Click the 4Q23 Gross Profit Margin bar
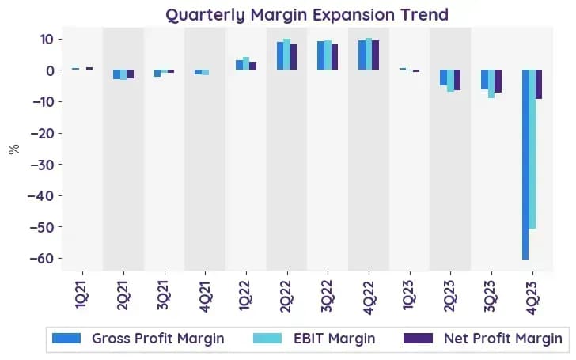[525, 165]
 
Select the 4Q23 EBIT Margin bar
[532, 149]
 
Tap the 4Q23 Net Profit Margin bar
[539, 84]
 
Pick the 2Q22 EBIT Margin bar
[287, 55]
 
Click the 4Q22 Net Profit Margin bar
[375, 55]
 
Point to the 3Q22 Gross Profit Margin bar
[321, 55]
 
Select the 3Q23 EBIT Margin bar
[491, 84]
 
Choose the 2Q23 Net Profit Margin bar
[457, 80]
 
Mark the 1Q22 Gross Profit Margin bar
[239, 65]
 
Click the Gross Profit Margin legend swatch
[66, 339]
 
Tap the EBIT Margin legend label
[334, 339]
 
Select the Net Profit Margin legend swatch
[418, 339]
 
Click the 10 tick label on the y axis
[47, 40]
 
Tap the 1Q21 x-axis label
[82, 295]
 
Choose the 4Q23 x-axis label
[532, 297]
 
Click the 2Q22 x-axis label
[287, 297]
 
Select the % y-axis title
[14, 149]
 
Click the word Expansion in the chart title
[353, 16]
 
